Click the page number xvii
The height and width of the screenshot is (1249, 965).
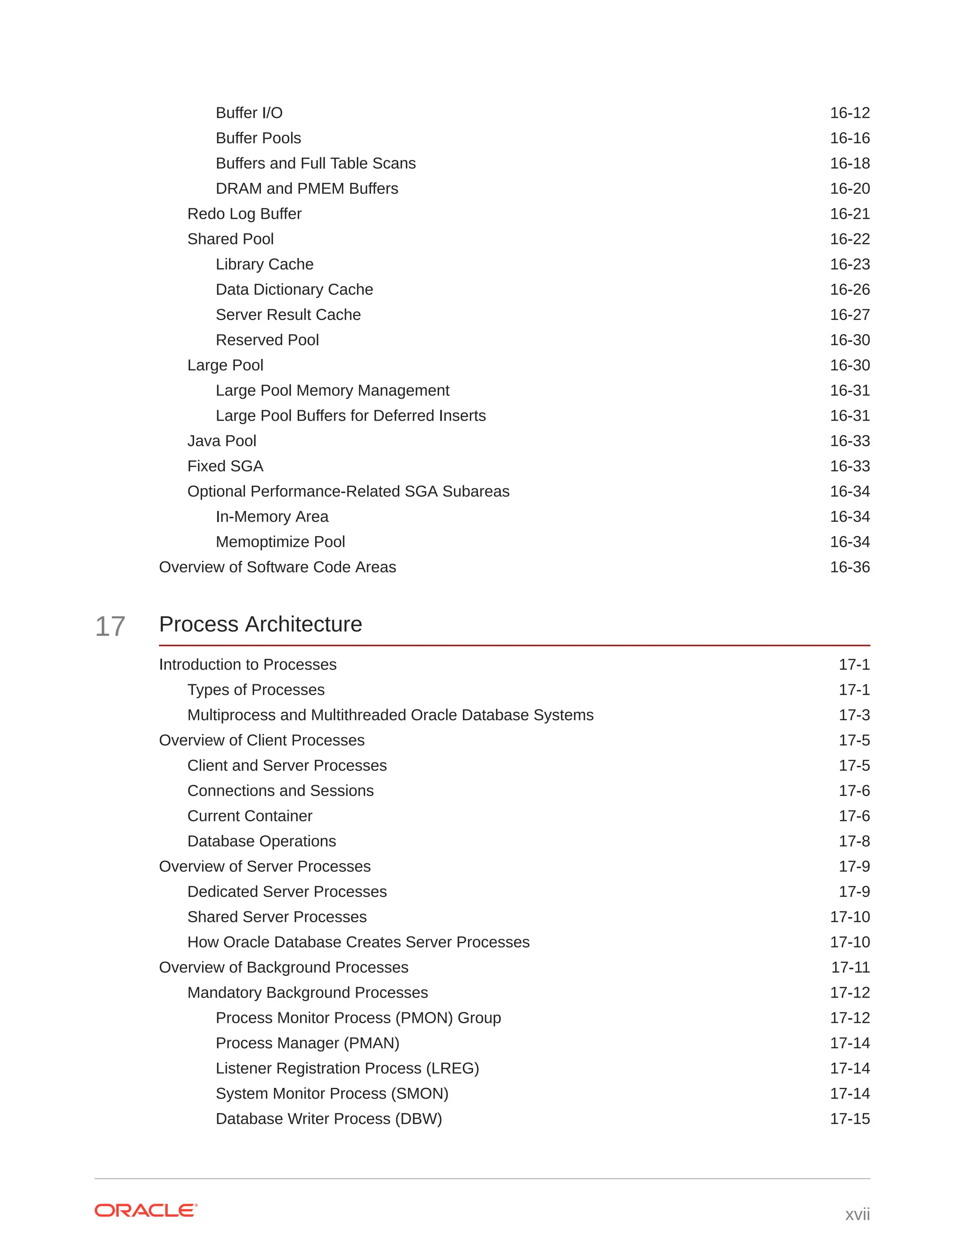point(857,1214)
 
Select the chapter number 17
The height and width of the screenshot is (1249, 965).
point(110,626)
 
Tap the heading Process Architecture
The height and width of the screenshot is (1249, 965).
point(260,624)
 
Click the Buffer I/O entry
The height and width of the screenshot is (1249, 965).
point(249,113)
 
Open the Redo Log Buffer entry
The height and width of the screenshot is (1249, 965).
point(244,214)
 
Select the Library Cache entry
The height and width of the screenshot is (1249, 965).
point(264,264)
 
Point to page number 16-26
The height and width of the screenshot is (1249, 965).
point(850,289)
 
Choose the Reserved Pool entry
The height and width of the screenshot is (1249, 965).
point(267,340)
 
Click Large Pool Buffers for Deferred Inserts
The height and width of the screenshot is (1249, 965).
point(351,416)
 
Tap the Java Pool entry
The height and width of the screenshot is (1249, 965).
point(221,441)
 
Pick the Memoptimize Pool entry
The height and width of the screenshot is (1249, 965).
point(280,542)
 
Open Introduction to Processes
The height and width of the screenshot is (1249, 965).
point(247,665)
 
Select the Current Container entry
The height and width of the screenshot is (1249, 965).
point(250,816)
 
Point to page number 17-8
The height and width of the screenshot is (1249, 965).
point(854,841)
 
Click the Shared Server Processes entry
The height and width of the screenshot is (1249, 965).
point(277,917)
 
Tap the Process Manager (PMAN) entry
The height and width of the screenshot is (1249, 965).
point(307,1043)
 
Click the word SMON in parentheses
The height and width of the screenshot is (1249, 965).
point(420,1093)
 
